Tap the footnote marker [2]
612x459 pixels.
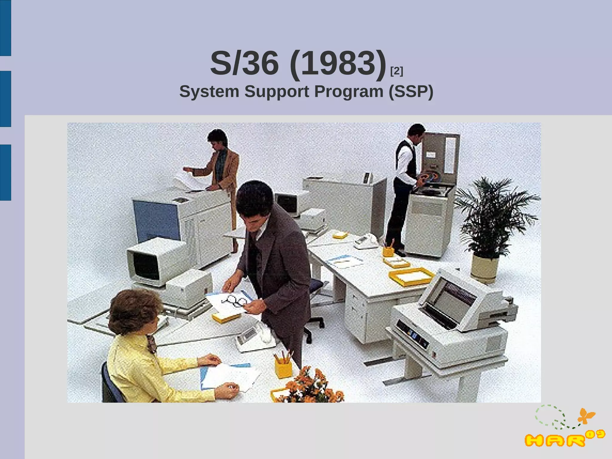[397, 71]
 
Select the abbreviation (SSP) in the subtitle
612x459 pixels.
[411, 91]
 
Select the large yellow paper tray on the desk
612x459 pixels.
[411, 277]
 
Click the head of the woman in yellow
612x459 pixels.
[133, 311]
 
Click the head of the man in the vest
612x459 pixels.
[416, 132]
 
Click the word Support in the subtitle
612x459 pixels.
[277, 91]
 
